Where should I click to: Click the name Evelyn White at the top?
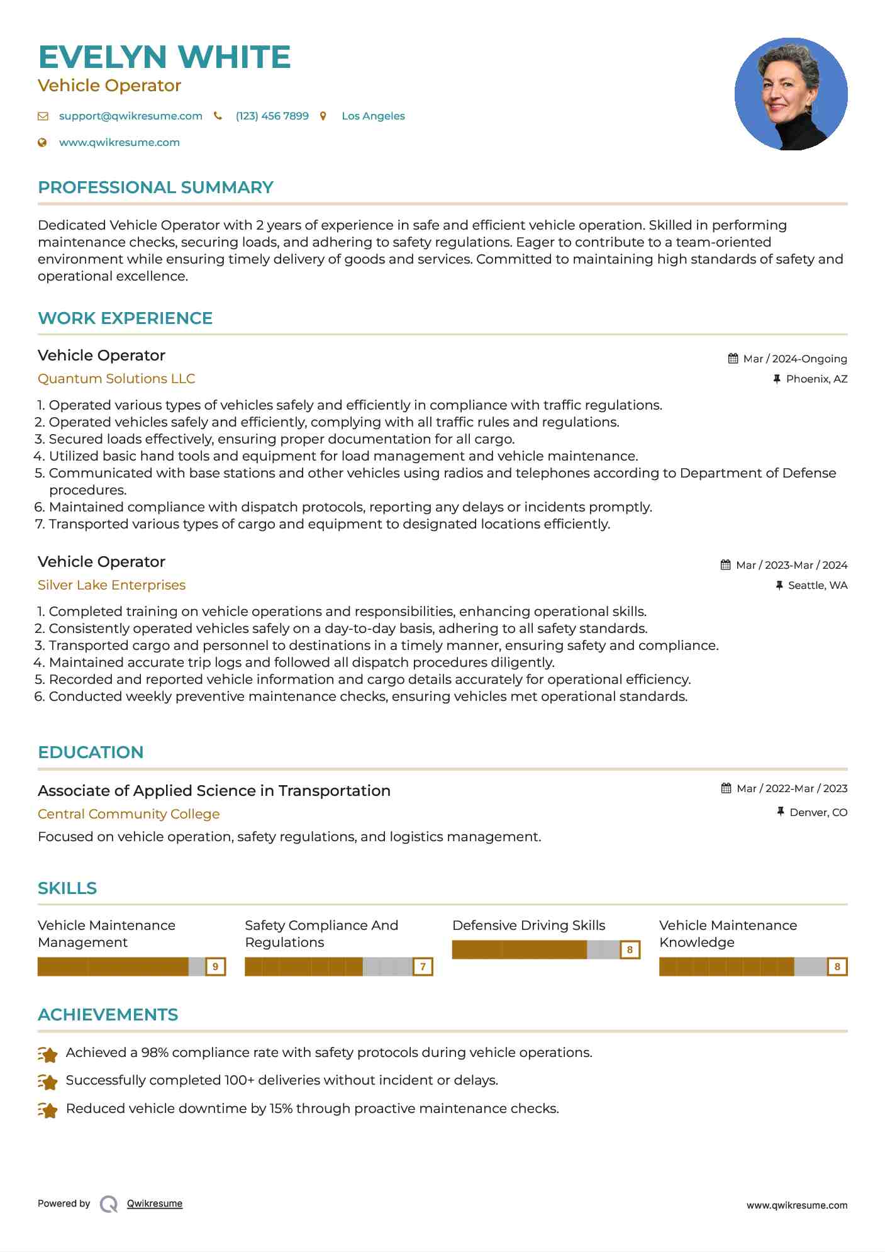(164, 57)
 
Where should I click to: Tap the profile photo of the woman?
(791, 94)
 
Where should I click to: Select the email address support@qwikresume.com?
(130, 116)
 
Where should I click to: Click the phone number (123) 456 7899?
(272, 116)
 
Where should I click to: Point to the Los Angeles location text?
(373, 116)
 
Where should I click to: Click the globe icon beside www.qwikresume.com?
(43, 143)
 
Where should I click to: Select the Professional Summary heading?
(155, 187)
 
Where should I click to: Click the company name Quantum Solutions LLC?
(116, 379)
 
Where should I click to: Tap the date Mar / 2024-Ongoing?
(794, 359)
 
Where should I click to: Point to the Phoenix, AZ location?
(816, 379)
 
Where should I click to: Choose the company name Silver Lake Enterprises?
(111, 585)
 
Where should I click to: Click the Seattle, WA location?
(817, 586)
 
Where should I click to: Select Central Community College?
(128, 814)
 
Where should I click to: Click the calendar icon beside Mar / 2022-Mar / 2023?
(726, 788)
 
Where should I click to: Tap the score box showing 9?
(216, 966)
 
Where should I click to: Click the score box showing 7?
(423, 966)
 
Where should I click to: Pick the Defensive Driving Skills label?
(528, 925)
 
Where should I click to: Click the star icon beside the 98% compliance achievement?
(48, 1054)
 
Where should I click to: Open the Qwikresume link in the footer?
(154, 1204)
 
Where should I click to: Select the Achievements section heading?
(108, 1015)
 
